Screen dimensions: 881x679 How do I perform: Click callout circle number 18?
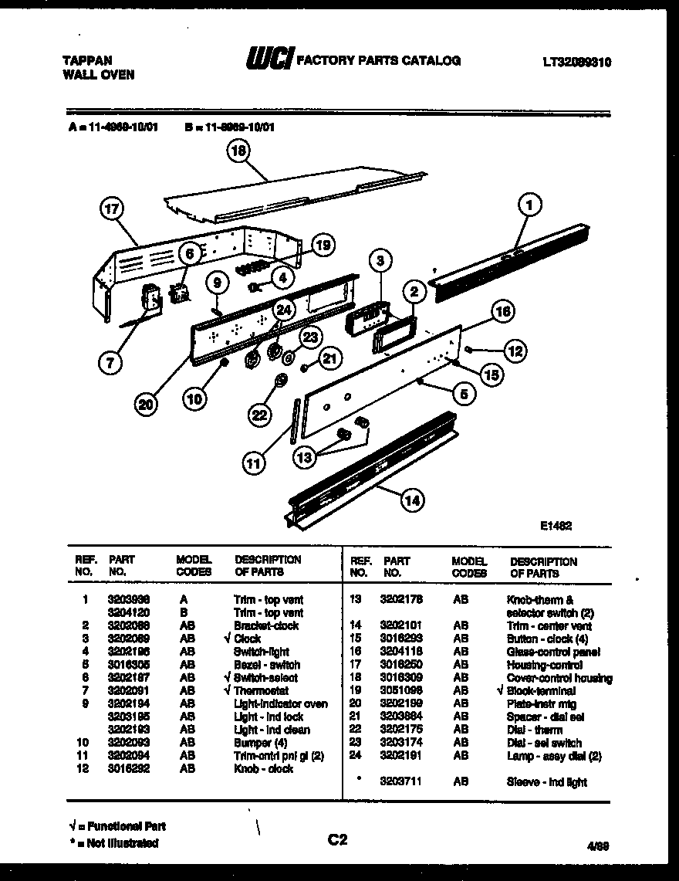point(240,152)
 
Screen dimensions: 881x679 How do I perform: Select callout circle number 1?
point(529,205)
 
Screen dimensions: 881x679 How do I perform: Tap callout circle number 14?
point(412,500)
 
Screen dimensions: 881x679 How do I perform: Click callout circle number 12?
point(515,351)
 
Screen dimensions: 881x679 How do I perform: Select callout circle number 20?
point(148,403)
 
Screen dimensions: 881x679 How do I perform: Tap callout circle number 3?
point(380,261)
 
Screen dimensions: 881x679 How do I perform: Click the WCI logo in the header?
point(268,59)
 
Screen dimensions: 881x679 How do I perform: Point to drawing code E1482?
point(556,525)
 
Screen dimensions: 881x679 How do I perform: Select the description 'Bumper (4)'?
point(261,743)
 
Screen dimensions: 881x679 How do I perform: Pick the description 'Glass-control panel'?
point(553,652)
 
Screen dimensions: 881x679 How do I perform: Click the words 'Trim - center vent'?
point(549,625)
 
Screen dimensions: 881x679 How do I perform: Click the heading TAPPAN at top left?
point(86,60)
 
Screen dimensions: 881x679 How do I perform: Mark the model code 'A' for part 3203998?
point(183,599)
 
